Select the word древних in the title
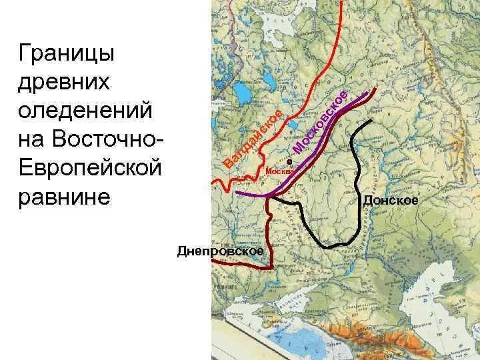(x=63, y=82)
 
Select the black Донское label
(x=390, y=199)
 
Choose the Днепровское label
(x=221, y=251)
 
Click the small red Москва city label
(x=279, y=171)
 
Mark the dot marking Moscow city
(x=289, y=162)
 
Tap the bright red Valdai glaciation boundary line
(x=313, y=80)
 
